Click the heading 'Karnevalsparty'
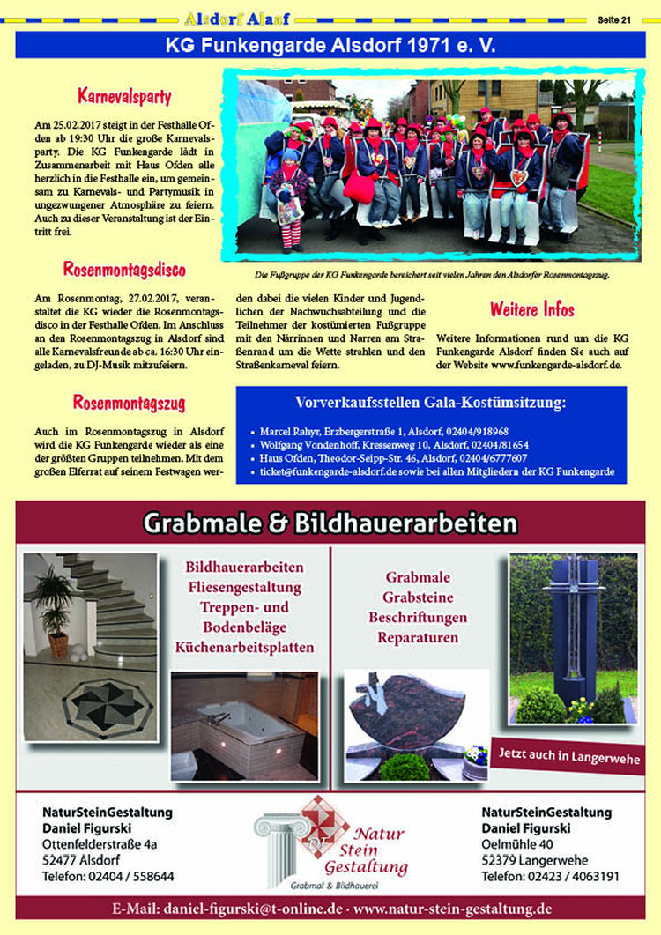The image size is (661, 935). (x=123, y=96)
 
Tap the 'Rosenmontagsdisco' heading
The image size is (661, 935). (x=123, y=270)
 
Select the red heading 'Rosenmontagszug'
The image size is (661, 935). (x=129, y=404)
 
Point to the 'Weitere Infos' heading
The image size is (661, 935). (x=531, y=309)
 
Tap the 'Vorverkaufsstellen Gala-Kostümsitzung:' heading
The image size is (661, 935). (x=431, y=404)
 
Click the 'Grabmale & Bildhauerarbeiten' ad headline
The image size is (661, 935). (x=330, y=524)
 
